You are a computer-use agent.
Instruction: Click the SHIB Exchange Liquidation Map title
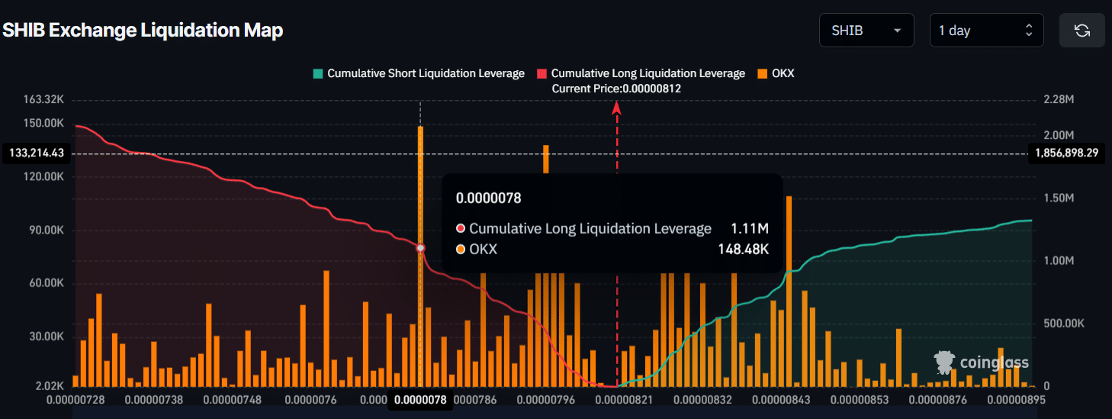coord(143,31)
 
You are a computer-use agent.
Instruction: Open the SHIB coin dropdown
coord(866,31)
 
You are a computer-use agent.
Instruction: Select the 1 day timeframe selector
coord(985,31)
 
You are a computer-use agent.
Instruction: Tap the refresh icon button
coord(1081,31)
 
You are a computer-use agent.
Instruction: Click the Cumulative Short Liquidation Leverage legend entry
coord(419,73)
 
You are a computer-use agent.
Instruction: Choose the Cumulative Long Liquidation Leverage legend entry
coord(641,73)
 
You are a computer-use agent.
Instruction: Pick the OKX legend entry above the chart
coord(776,73)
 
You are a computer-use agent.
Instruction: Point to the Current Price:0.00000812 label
coord(616,89)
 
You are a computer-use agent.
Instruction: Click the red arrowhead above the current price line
coord(617,108)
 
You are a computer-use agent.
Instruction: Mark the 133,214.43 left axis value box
coord(37,153)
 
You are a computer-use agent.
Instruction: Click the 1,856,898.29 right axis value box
coord(1066,153)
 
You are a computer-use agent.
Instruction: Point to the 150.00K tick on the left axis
coord(44,123)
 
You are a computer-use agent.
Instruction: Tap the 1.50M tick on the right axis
coord(1059,198)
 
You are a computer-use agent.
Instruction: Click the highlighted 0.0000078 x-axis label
coord(419,400)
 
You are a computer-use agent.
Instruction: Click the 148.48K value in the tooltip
coord(743,249)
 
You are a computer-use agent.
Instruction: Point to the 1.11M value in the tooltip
coord(749,228)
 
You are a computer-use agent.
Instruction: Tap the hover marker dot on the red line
coord(420,248)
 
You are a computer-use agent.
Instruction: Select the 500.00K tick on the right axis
coord(1063,324)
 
